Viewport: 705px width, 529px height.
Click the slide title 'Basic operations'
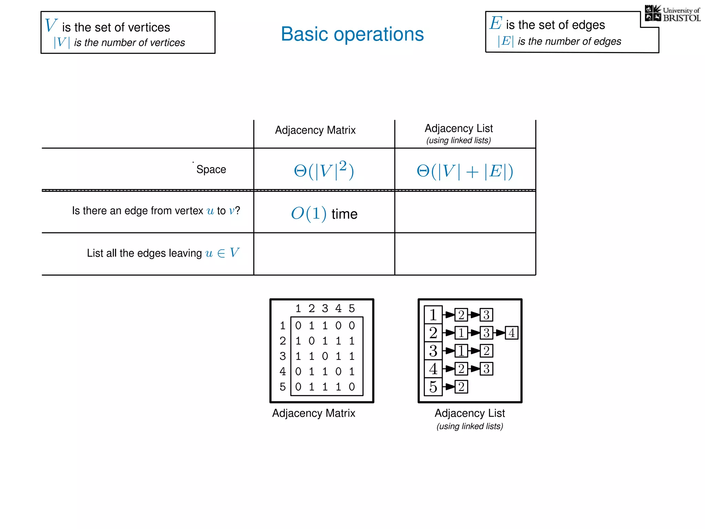(352, 34)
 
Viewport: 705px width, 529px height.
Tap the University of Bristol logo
(672, 14)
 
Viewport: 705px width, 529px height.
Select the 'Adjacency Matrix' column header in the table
(315, 130)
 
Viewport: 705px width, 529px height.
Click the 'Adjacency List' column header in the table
(459, 128)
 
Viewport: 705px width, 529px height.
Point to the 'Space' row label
(211, 169)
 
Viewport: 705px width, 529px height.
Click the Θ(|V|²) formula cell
(324, 170)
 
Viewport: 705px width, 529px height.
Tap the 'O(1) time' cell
(324, 214)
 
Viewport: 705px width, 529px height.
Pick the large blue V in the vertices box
(51, 25)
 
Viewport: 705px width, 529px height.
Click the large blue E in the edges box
(496, 23)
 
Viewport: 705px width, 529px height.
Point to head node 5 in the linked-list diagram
(433, 387)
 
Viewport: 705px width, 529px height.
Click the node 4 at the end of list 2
(512, 333)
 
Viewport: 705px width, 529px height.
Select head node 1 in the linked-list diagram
(433, 315)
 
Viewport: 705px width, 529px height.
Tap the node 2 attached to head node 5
(461, 387)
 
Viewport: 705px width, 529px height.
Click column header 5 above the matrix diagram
(351, 308)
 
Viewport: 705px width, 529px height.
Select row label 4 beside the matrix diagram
(283, 371)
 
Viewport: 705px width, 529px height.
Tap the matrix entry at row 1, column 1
(298, 325)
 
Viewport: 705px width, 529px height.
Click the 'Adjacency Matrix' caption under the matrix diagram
(314, 413)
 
